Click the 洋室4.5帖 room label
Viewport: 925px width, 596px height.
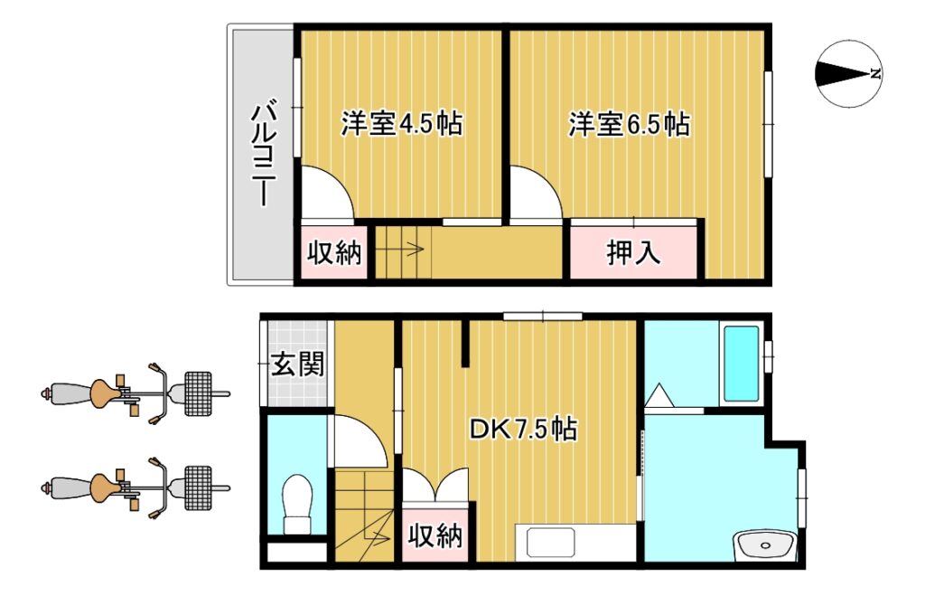click(401, 124)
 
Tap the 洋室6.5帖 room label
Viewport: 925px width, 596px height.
click(629, 124)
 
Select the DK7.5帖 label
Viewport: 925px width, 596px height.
click(523, 429)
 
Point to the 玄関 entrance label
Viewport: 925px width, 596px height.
click(297, 364)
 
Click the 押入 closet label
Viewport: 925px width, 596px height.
click(633, 253)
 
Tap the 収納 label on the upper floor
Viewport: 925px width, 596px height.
click(334, 253)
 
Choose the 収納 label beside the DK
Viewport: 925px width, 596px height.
click(435, 535)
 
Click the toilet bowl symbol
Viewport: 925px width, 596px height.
click(296, 505)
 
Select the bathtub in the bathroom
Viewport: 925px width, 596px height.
click(741, 364)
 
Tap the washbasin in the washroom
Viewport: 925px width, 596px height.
click(766, 544)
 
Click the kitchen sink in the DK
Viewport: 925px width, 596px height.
click(550, 543)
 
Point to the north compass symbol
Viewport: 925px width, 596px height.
click(849, 74)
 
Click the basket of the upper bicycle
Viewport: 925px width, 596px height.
click(198, 393)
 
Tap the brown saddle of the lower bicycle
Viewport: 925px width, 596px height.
click(106, 487)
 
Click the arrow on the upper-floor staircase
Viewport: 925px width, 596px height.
click(400, 250)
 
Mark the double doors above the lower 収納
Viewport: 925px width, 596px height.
click(435, 485)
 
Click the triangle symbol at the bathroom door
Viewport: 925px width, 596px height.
click(659, 395)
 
